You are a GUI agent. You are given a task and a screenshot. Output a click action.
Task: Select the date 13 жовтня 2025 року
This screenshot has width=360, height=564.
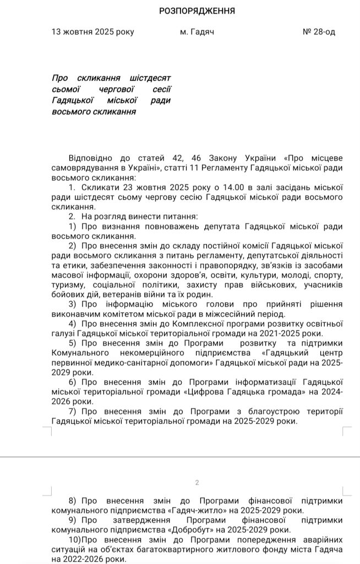[92, 32]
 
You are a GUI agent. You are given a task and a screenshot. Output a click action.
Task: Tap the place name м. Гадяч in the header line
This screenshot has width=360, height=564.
[197, 32]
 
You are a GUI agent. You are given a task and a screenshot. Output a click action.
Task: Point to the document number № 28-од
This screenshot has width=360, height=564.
[319, 32]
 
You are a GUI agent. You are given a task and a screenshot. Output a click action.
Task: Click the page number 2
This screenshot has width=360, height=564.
[197, 482]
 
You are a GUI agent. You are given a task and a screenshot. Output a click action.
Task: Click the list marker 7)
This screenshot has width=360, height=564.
[74, 412]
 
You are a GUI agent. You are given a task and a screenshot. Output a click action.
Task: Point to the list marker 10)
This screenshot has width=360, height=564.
[75, 540]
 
